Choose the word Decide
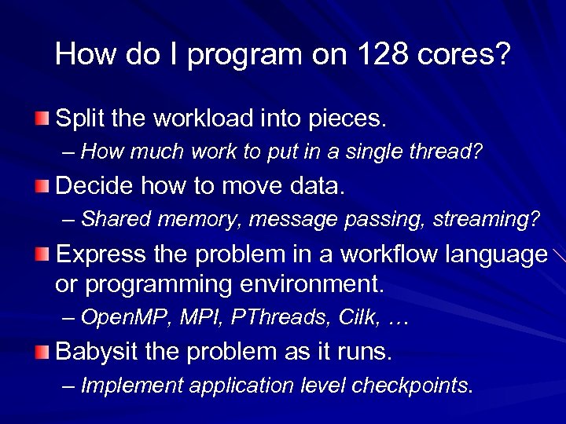click(94, 187)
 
